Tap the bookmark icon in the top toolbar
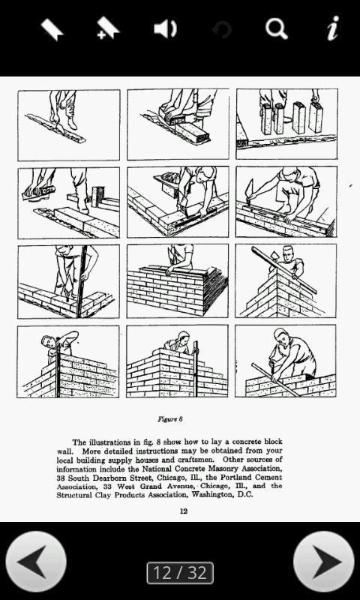52,29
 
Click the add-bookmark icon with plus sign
108,29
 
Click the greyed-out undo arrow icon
221,30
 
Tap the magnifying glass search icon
277,29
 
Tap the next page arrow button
323,562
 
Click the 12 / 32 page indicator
180,573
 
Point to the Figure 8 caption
170,419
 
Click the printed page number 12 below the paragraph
183,511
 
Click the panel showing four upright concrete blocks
286,124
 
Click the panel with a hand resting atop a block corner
177,280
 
